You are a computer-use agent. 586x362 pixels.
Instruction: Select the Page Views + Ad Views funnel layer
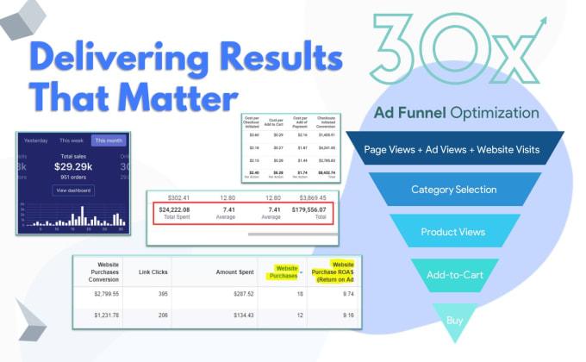point(455,150)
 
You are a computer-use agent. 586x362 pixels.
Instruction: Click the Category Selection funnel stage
point(455,190)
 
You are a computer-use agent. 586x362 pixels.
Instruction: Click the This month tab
point(109,140)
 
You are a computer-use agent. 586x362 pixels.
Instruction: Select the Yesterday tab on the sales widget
point(35,140)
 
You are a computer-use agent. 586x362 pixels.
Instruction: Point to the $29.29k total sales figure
point(72,169)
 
